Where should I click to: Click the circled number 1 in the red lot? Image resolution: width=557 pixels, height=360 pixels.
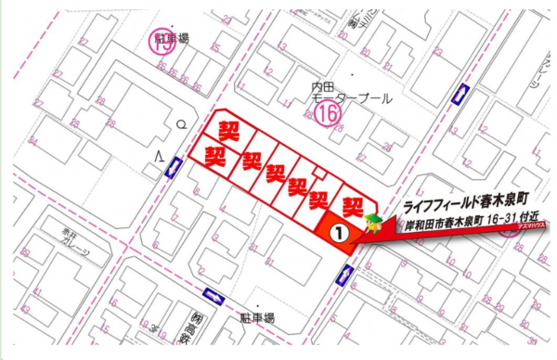point(341,234)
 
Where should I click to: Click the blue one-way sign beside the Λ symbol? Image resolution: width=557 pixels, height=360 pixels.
point(172,167)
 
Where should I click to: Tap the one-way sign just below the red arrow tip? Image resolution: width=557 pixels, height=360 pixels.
point(347,275)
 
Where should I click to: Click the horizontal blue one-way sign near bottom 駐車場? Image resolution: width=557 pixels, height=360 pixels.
point(214,296)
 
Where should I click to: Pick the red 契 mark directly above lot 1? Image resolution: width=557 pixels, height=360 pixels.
point(353,204)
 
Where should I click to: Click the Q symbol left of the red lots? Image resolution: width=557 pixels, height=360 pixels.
point(183,123)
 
